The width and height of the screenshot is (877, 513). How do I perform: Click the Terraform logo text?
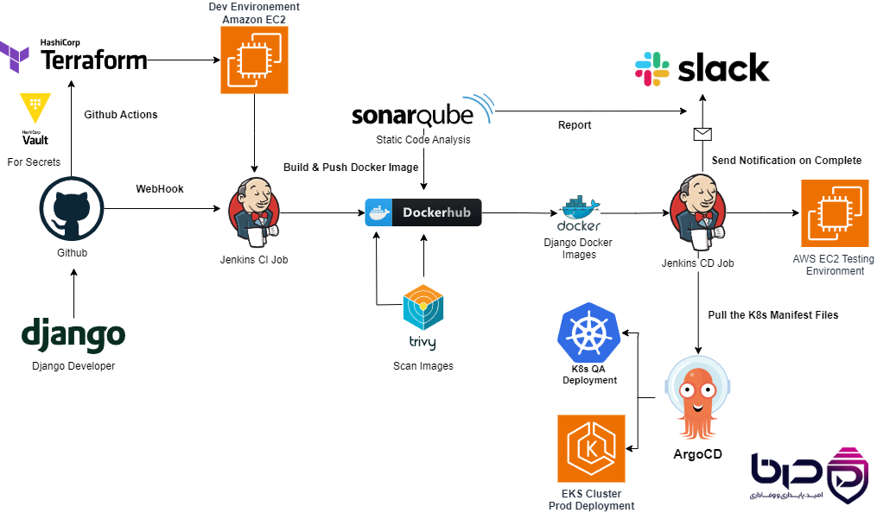tap(94, 60)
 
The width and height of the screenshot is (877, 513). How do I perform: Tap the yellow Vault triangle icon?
tap(35, 107)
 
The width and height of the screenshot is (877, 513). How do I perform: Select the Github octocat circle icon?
tap(72, 209)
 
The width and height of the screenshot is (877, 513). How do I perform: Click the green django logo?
tap(73, 335)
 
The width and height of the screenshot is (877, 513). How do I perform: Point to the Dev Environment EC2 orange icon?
tap(255, 60)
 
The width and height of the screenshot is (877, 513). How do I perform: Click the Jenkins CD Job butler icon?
tap(697, 212)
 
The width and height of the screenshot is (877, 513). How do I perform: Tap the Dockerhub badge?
tap(423, 212)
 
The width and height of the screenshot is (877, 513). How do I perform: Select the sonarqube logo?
tap(423, 111)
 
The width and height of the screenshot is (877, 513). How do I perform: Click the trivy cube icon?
tap(423, 307)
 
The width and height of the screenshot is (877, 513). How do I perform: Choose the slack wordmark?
tap(723, 68)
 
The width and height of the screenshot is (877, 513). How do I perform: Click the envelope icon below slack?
tap(702, 134)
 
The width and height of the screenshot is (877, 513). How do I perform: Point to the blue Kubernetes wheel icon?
tap(589, 333)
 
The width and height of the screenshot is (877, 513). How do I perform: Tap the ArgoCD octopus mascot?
tap(697, 399)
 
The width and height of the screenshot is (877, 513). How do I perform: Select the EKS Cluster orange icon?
tap(591, 448)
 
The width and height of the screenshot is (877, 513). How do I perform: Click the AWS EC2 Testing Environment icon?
tap(835, 213)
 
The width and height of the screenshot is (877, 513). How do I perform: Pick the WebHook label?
tap(159, 189)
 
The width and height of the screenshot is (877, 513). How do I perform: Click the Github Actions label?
tap(121, 115)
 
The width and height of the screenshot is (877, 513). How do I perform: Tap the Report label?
tap(575, 125)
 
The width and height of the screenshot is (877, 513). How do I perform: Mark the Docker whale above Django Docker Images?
tap(580, 208)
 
